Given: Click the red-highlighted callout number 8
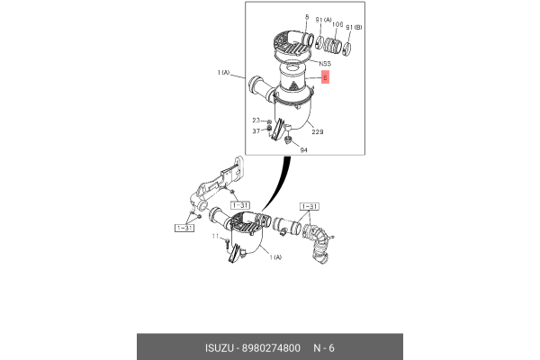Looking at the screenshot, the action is tap(325, 77).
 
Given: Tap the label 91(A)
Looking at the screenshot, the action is tap(323, 21).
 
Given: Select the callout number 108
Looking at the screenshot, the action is tap(337, 24).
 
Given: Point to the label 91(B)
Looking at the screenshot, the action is tap(354, 27).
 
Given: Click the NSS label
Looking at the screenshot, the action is tap(325, 64).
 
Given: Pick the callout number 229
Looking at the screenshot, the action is tap(318, 132).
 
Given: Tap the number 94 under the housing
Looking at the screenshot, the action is tap(303, 150).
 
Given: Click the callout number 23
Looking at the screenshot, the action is tap(256, 121).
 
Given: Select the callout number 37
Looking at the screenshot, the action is tap(256, 131).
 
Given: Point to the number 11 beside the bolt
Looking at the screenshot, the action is tap(215, 237).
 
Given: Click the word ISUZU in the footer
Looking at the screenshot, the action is tap(220, 348).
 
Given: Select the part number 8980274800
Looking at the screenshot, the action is tap(271, 348).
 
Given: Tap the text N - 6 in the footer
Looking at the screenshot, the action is tap(323, 348).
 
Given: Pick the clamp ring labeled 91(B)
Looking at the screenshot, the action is tap(346, 49).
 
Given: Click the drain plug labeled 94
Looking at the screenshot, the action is tap(288, 139).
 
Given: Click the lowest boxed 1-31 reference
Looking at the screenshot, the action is tap(184, 228).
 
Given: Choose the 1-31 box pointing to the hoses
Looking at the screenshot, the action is tap(310, 207).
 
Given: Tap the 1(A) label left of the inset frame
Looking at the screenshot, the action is tap(223, 73).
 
